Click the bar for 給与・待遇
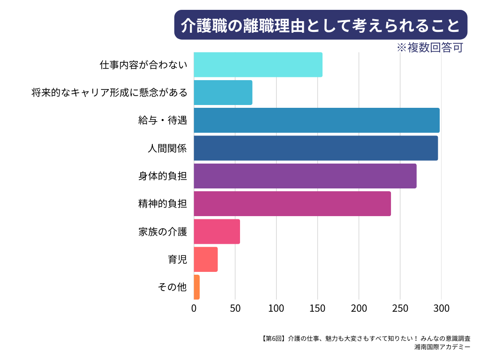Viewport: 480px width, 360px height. coord(316,120)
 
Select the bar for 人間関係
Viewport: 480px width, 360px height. coord(315,148)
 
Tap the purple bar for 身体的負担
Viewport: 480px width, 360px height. coord(305,176)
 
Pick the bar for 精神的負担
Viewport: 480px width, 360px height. coord(292,203)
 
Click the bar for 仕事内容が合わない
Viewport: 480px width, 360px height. coord(258,65)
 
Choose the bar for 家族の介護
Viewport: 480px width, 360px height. coord(217,232)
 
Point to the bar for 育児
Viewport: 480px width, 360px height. coord(205,259)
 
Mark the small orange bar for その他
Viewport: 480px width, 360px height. coord(196,287)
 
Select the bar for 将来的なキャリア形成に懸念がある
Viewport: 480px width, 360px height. coord(223,92)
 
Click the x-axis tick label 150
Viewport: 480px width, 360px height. coord(317,308)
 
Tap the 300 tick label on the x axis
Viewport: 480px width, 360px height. coord(441,308)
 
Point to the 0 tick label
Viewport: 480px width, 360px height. coord(194,308)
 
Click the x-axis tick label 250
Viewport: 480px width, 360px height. coord(400,308)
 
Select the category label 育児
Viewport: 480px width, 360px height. coord(178,259)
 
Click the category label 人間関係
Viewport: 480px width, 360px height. coord(167,149)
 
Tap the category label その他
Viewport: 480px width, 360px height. coord(173,287)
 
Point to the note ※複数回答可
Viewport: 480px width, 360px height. coord(429,48)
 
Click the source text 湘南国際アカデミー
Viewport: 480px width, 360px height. coord(442,347)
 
